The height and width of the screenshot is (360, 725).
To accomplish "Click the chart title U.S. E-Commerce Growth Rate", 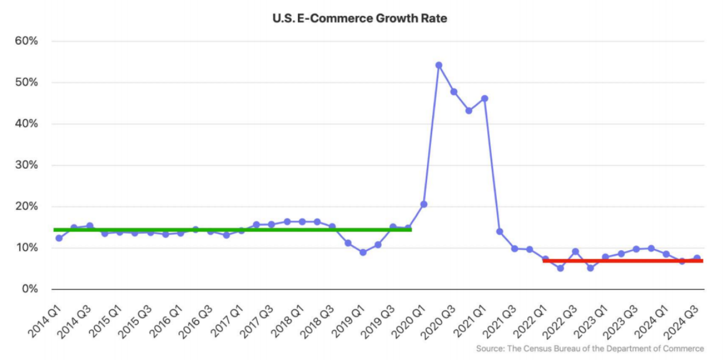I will [x=360, y=19].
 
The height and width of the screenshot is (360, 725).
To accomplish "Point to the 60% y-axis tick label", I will [x=26, y=41].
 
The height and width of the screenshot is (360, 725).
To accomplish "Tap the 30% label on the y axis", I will [x=26, y=165].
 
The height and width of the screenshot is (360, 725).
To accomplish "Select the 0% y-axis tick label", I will [x=29, y=289].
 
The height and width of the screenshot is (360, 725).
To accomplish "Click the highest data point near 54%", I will [x=438, y=65].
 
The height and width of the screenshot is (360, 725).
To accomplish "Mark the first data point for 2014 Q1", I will [x=59, y=238].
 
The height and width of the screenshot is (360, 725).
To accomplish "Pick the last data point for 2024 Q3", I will [x=697, y=258].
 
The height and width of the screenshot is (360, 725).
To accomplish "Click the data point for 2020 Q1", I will [x=423, y=204].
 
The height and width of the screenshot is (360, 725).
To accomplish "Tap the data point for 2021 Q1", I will [x=484, y=98].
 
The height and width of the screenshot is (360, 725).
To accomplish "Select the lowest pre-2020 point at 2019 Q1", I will [x=362, y=252].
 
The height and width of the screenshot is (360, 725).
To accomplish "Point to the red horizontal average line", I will [x=623, y=261].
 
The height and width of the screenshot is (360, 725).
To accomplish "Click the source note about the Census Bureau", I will [x=590, y=349].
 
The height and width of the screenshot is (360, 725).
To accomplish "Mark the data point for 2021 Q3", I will [x=515, y=248].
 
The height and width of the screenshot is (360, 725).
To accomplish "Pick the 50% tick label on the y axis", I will [x=26, y=83].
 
